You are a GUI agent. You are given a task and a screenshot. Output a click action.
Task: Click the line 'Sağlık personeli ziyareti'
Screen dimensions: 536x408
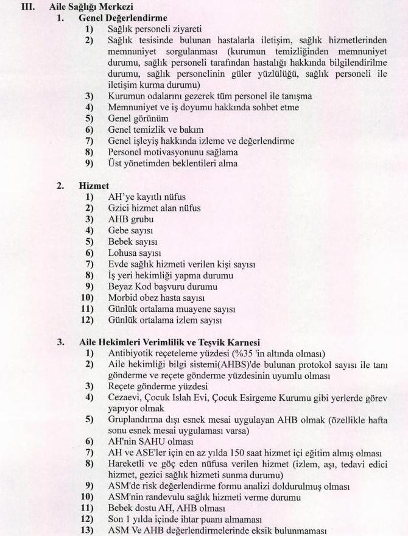tap(154, 29)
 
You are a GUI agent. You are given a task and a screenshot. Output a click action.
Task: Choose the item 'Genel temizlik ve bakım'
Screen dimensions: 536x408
tap(155, 130)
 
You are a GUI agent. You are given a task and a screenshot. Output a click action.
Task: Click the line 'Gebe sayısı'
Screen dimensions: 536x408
tap(130, 230)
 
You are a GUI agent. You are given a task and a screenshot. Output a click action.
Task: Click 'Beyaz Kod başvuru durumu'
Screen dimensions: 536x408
tap(162, 286)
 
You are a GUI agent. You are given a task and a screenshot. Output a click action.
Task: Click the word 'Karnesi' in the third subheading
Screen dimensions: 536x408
tap(259, 342)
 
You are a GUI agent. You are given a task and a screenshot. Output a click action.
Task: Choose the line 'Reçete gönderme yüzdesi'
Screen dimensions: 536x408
tap(158, 386)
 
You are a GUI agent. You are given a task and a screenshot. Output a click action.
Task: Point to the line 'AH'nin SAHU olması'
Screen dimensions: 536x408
tap(150, 442)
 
